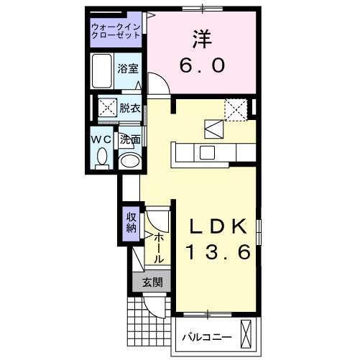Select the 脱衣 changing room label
[x=129, y=108]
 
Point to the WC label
[x=101, y=139]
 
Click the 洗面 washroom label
[x=129, y=140]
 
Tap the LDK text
[x=219, y=226]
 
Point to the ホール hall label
[x=159, y=246]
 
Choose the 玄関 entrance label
[x=152, y=282]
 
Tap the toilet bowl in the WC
[x=101, y=156]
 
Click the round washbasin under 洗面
[x=129, y=161]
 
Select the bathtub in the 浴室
[x=103, y=70]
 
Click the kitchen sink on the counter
[x=207, y=152]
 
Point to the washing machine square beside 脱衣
[x=109, y=109]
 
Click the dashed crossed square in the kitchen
[x=235, y=109]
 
